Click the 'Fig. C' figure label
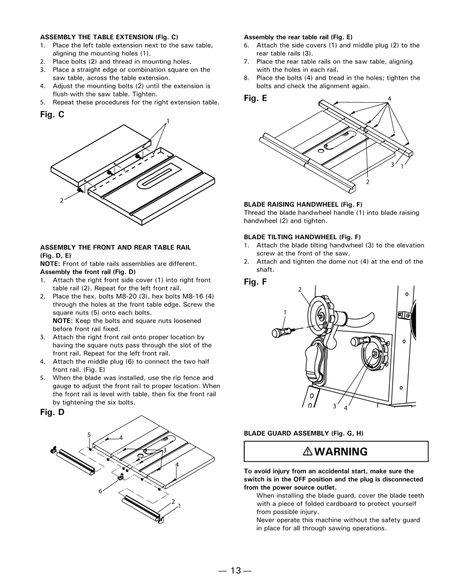[52, 115]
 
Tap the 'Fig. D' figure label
[52, 412]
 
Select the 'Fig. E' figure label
[256, 98]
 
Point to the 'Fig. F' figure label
[255, 282]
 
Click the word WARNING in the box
[341, 452]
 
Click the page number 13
[236, 570]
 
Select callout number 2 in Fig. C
[62, 200]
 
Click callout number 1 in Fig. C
[167, 121]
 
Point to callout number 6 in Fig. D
[100, 491]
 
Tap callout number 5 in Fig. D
[89, 434]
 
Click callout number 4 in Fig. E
[389, 99]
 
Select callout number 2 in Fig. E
[367, 182]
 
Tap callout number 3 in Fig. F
[334, 406]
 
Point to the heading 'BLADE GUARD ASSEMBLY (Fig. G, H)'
[303, 433]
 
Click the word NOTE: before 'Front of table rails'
[49, 264]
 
